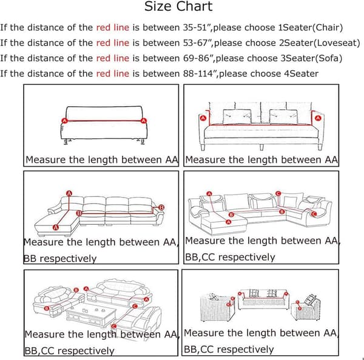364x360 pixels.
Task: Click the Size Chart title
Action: click(x=178, y=6)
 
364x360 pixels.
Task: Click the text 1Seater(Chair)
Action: click(x=311, y=28)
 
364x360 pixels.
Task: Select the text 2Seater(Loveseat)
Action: click(x=320, y=43)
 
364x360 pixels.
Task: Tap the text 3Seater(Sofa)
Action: click(x=311, y=58)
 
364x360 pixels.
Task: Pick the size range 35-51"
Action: click(x=197, y=28)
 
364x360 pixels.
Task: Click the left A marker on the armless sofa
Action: click(x=64, y=121)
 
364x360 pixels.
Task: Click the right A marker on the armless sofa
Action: click(x=144, y=121)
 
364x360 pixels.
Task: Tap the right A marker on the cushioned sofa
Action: click(x=318, y=118)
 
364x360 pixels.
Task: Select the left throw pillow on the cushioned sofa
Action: click(x=237, y=117)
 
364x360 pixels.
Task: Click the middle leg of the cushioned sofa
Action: click(x=261, y=147)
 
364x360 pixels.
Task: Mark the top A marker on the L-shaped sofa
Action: click(x=69, y=193)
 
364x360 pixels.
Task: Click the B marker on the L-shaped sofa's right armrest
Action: click(x=161, y=207)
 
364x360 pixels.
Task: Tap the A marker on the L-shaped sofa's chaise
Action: click(x=56, y=227)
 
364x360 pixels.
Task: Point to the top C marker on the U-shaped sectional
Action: click(x=278, y=193)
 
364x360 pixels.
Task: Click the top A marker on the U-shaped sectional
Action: click(x=209, y=194)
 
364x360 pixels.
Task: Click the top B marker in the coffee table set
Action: click(x=76, y=290)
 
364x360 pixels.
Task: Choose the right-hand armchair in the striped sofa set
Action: click(x=306, y=308)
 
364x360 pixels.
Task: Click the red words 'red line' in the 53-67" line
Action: click(x=113, y=43)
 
